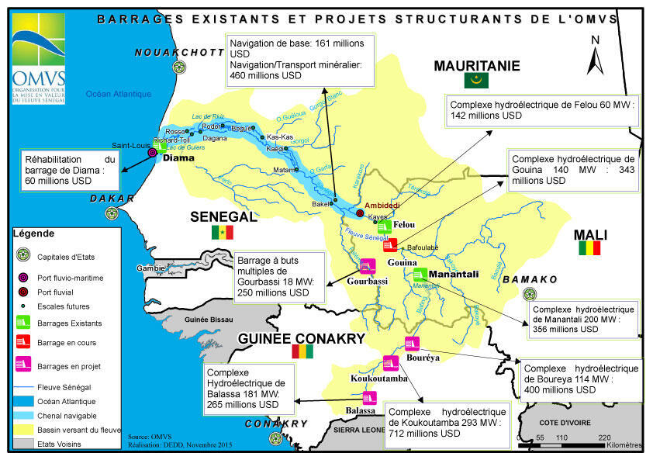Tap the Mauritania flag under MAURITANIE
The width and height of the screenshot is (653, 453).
click(475, 81)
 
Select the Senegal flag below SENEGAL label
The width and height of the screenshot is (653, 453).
click(223, 233)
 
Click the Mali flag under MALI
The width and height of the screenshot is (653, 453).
click(591, 249)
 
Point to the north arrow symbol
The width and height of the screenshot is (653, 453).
click(595, 59)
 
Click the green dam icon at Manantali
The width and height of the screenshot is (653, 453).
click(420, 274)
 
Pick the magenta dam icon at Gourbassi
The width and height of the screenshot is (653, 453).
click(368, 265)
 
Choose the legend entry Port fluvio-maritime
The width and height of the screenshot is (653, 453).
click(70, 277)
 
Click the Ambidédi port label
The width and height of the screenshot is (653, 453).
click(382, 205)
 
